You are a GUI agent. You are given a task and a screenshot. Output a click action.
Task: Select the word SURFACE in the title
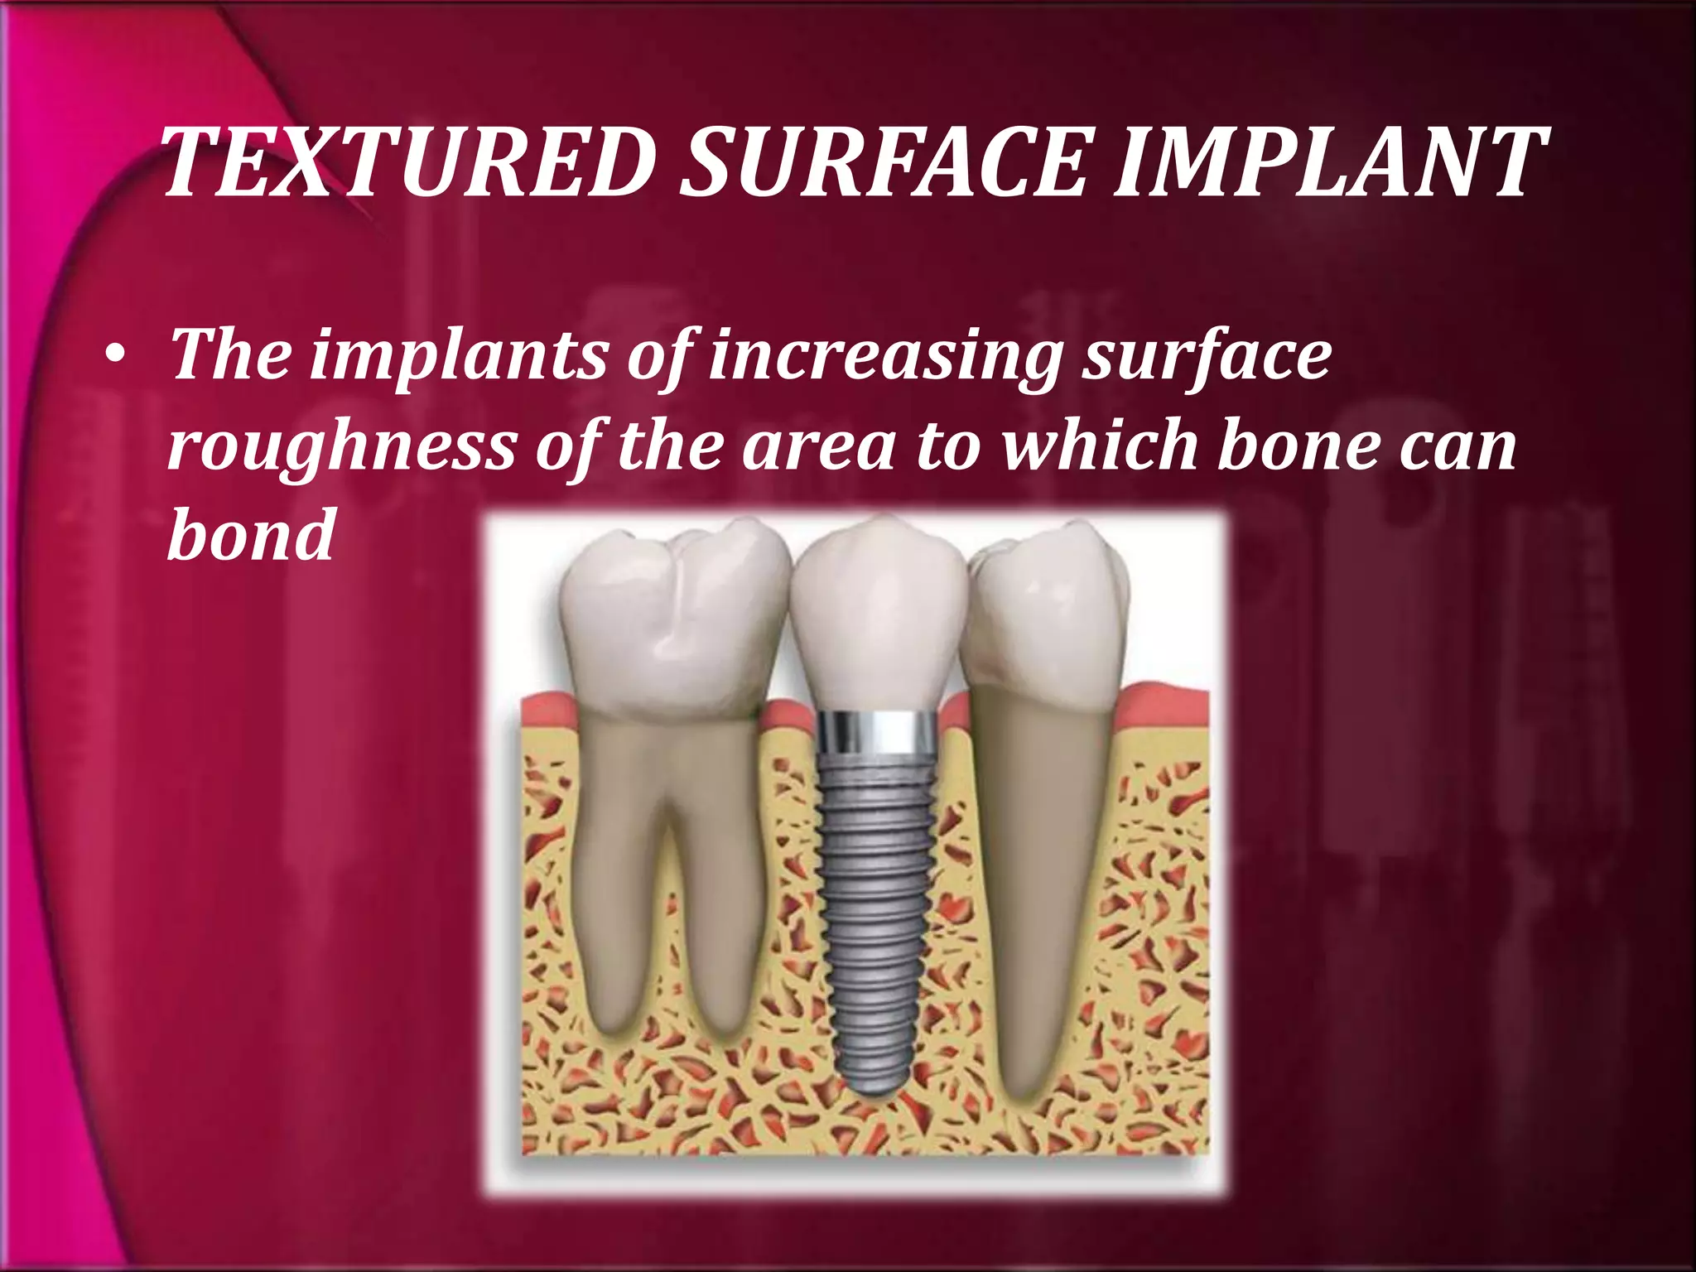tap(883, 163)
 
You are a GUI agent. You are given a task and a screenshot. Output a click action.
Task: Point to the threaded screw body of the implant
tap(878, 894)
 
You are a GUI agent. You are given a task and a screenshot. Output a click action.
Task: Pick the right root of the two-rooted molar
tap(729, 911)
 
